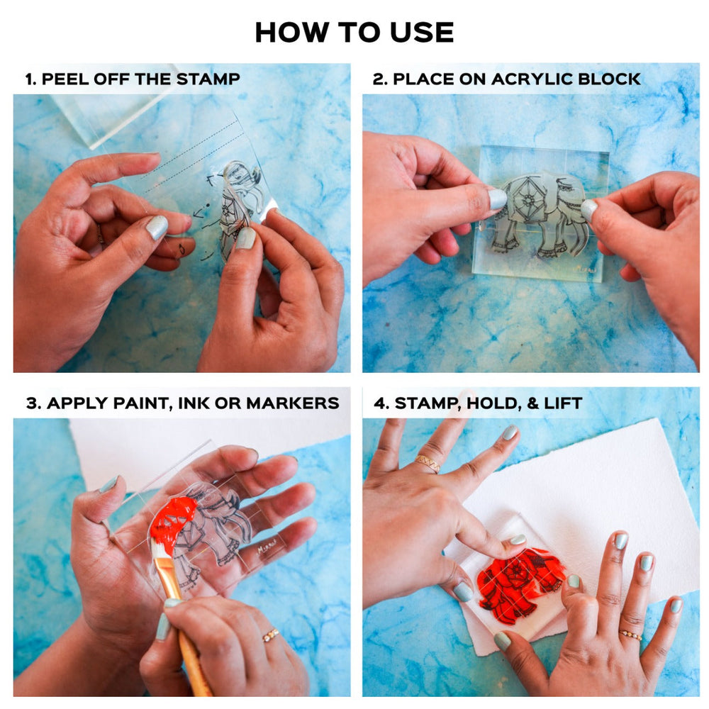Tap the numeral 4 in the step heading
click(x=379, y=403)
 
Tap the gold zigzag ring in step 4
click(x=428, y=464)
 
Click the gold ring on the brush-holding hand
click(x=270, y=635)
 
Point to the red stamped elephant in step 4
click(x=520, y=581)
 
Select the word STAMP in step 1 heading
click(x=208, y=79)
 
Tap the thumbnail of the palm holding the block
click(x=108, y=484)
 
